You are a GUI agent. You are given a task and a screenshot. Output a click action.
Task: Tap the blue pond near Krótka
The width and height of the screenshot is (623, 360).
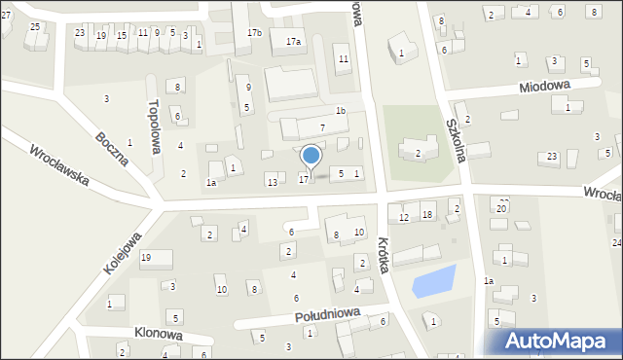(x=433, y=281)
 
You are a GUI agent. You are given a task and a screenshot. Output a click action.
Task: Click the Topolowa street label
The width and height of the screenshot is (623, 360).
(x=154, y=126)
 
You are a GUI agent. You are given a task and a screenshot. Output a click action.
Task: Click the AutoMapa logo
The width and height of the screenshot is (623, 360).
(x=556, y=342)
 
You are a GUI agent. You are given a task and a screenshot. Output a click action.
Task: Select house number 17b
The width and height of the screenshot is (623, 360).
(x=254, y=33)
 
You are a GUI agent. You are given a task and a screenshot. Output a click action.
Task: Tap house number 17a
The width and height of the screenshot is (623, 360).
(x=293, y=42)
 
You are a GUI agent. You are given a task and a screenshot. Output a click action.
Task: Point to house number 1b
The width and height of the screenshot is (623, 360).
(x=340, y=110)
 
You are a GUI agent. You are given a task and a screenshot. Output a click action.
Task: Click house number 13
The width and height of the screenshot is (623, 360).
(x=273, y=182)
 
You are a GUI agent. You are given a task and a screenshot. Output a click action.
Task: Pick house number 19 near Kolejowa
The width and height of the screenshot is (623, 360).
(x=145, y=257)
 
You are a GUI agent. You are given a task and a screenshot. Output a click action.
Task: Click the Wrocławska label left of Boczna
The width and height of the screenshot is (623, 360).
(x=59, y=166)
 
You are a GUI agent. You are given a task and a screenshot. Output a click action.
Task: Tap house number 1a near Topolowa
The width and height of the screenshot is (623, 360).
(x=210, y=182)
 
